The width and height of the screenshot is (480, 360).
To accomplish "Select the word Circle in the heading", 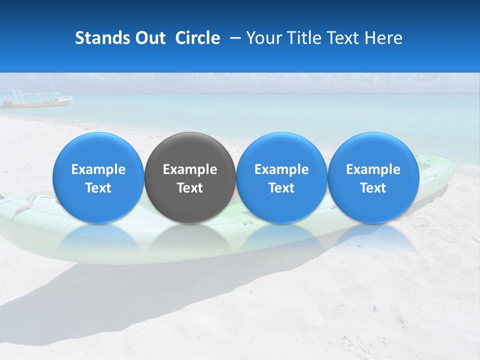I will pyautogui.click(x=197, y=38).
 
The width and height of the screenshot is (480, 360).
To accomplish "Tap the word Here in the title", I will pyautogui.click(x=383, y=38).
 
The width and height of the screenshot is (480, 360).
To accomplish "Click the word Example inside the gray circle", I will pyautogui.click(x=190, y=169).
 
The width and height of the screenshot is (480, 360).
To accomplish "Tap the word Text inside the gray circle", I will pyautogui.click(x=190, y=188).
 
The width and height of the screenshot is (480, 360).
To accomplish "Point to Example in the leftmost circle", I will pyautogui.click(x=98, y=169).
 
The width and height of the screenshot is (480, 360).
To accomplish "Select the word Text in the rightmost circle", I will pyautogui.click(x=373, y=188).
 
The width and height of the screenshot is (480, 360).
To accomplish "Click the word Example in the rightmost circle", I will pyautogui.click(x=373, y=169).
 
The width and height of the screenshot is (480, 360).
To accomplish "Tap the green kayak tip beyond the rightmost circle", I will pyautogui.click(x=440, y=170).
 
